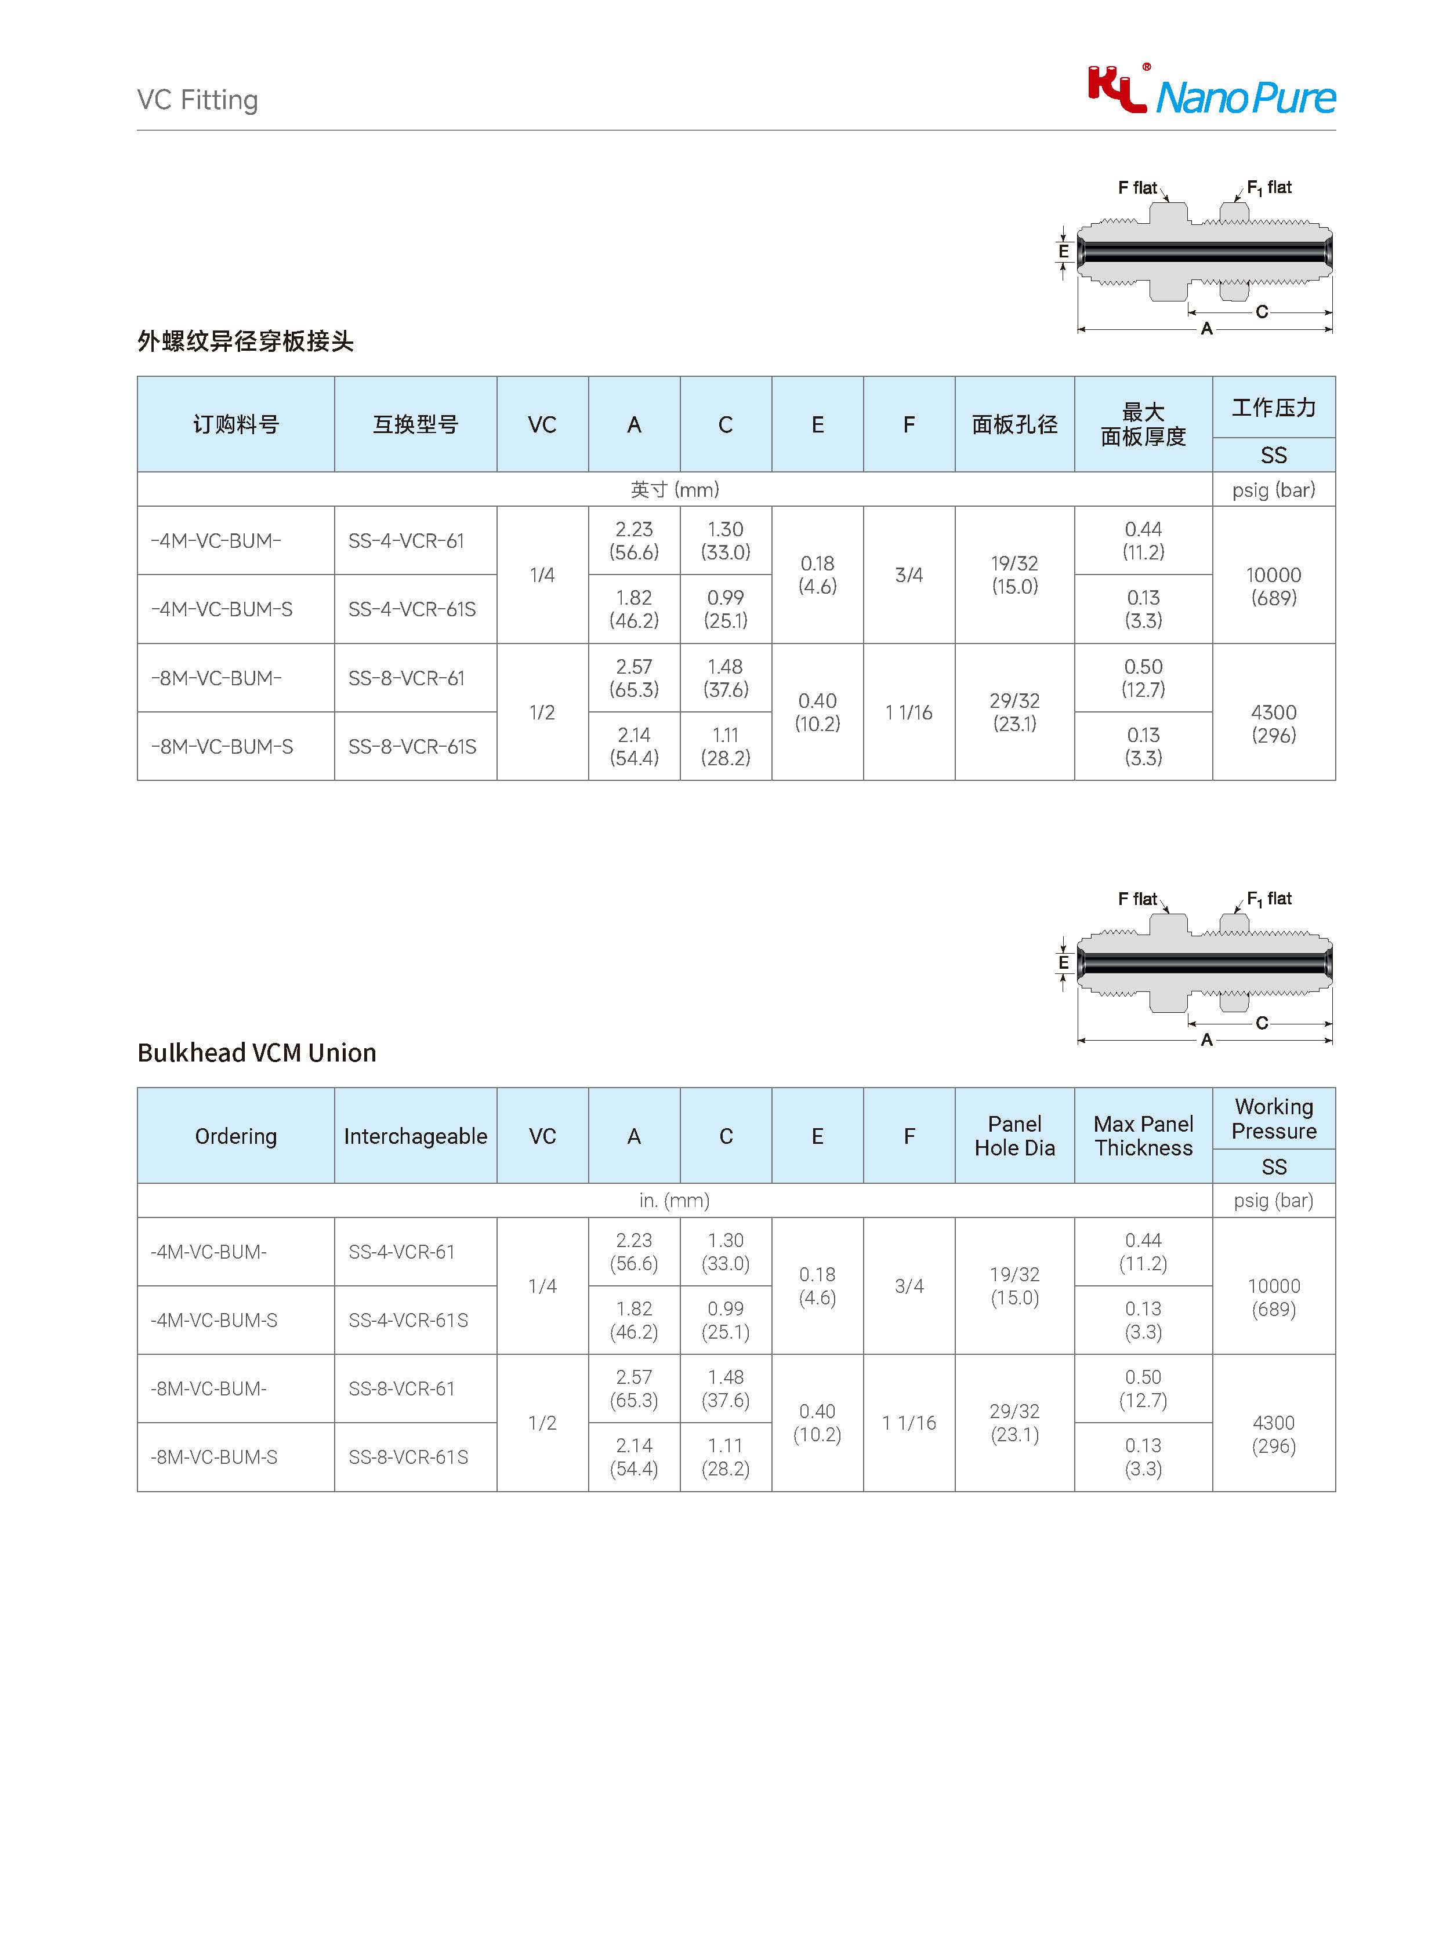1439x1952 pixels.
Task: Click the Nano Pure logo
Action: (x=1211, y=92)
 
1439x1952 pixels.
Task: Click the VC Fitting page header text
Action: (x=198, y=100)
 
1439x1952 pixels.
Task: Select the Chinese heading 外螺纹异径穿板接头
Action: (x=246, y=341)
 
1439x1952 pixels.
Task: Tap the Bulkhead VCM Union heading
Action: (x=257, y=1053)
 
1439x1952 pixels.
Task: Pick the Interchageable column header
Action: (x=415, y=1136)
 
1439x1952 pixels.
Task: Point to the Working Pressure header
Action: (x=1274, y=1119)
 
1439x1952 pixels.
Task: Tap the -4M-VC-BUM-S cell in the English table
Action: (x=214, y=1321)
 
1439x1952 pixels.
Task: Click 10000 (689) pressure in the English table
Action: (x=1274, y=1297)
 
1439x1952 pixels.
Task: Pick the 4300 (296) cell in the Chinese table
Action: (x=1274, y=724)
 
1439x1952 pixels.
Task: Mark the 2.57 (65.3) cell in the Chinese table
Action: (x=634, y=678)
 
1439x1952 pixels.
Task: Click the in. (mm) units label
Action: (x=674, y=1201)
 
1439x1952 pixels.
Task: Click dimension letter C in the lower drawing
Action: (x=1262, y=1023)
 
